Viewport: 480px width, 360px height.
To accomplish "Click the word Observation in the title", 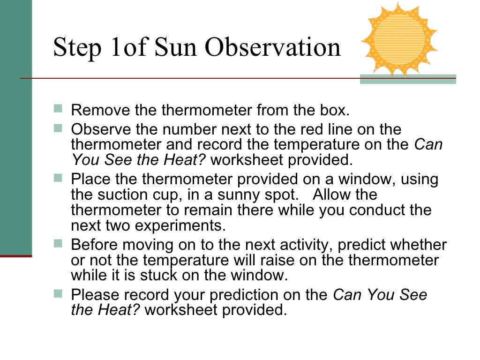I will point(274,48).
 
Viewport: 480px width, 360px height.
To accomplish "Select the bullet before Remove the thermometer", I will point(58,109).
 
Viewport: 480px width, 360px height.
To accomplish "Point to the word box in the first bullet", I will point(335,111).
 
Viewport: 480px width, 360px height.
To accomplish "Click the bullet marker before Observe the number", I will point(58,127).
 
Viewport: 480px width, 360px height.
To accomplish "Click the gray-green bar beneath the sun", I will point(407,79).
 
